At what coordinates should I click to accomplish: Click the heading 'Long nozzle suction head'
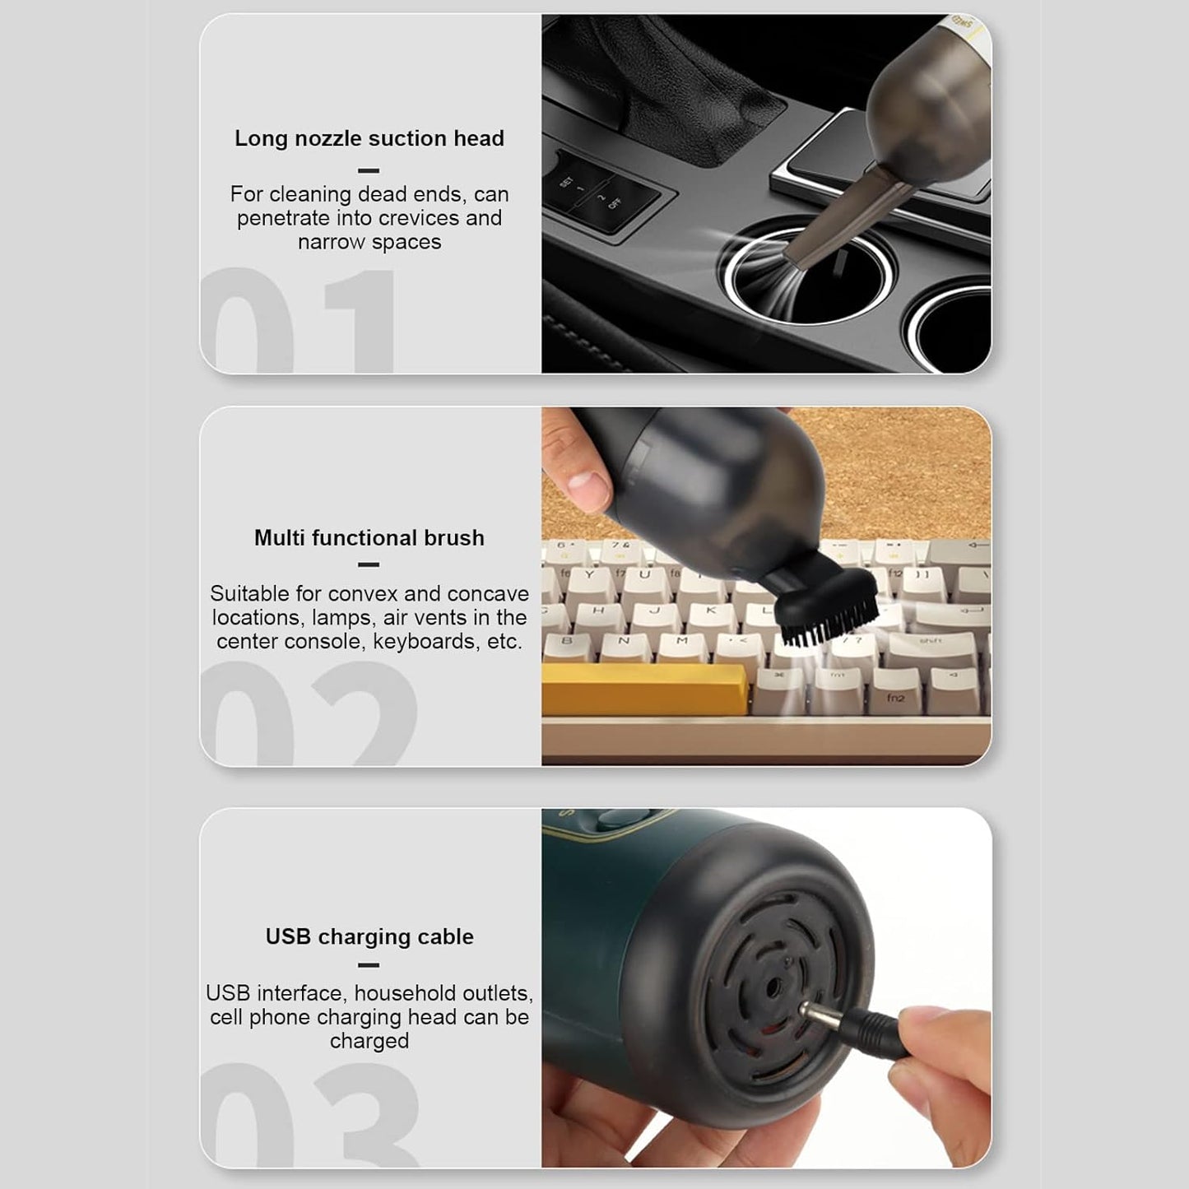click(x=369, y=138)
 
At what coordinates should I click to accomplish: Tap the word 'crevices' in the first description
click(x=420, y=218)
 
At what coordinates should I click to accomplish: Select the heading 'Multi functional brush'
click(x=369, y=537)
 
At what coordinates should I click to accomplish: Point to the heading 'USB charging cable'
click(x=369, y=936)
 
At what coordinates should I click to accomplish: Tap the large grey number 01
click(x=298, y=320)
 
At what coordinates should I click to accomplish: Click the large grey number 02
click(x=309, y=713)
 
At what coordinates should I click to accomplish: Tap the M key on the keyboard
click(x=682, y=645)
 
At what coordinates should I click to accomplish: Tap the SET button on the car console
click(x=568, y=183)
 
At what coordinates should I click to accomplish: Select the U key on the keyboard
click(x=645, y=580)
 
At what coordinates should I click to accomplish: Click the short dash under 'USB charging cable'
click(x=369, y=965)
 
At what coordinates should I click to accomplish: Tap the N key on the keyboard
click(x=624, y=645)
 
